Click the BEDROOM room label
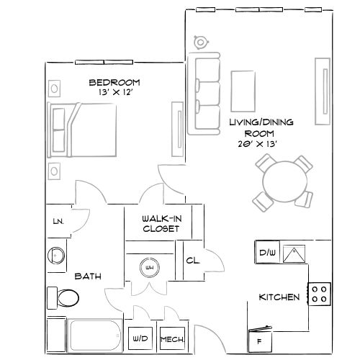pyautogui.click(x=114, y=82)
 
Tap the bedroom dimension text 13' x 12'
pyautogui.click(x=114, y=93)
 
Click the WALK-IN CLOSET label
pyautogui.click(x=161, y=223)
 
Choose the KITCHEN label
pyautogui.click(x=279, y=297)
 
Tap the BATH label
pyautogui.click(x=88, y=276)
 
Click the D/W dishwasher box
pyautogui.click(x=268, y=253)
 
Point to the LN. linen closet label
pyautogui.click(x=58, y=222)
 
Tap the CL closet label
pyautogui.click(x=192, y=261)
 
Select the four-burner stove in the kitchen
pyautogui.click(x=320, y=293)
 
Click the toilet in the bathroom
pyautogui.click(x=66, y=297)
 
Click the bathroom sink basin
pyautogui.click(x=55, y=255)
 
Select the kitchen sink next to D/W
pyautogui.click(x=294, y=253)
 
